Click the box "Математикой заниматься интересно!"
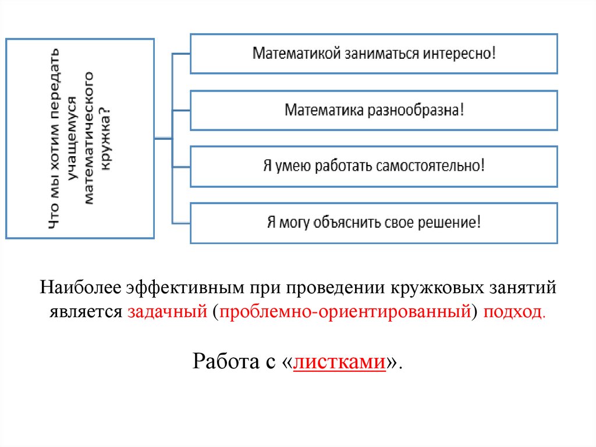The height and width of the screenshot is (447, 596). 374,54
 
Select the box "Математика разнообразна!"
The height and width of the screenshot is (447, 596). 374,110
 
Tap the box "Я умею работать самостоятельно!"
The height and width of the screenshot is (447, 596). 374,166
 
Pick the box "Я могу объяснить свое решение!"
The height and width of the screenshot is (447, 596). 374,223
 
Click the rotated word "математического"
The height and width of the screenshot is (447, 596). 89,139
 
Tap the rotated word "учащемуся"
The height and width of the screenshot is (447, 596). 71,139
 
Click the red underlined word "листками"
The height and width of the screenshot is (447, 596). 340,362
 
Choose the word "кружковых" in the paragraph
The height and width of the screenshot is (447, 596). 432,288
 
